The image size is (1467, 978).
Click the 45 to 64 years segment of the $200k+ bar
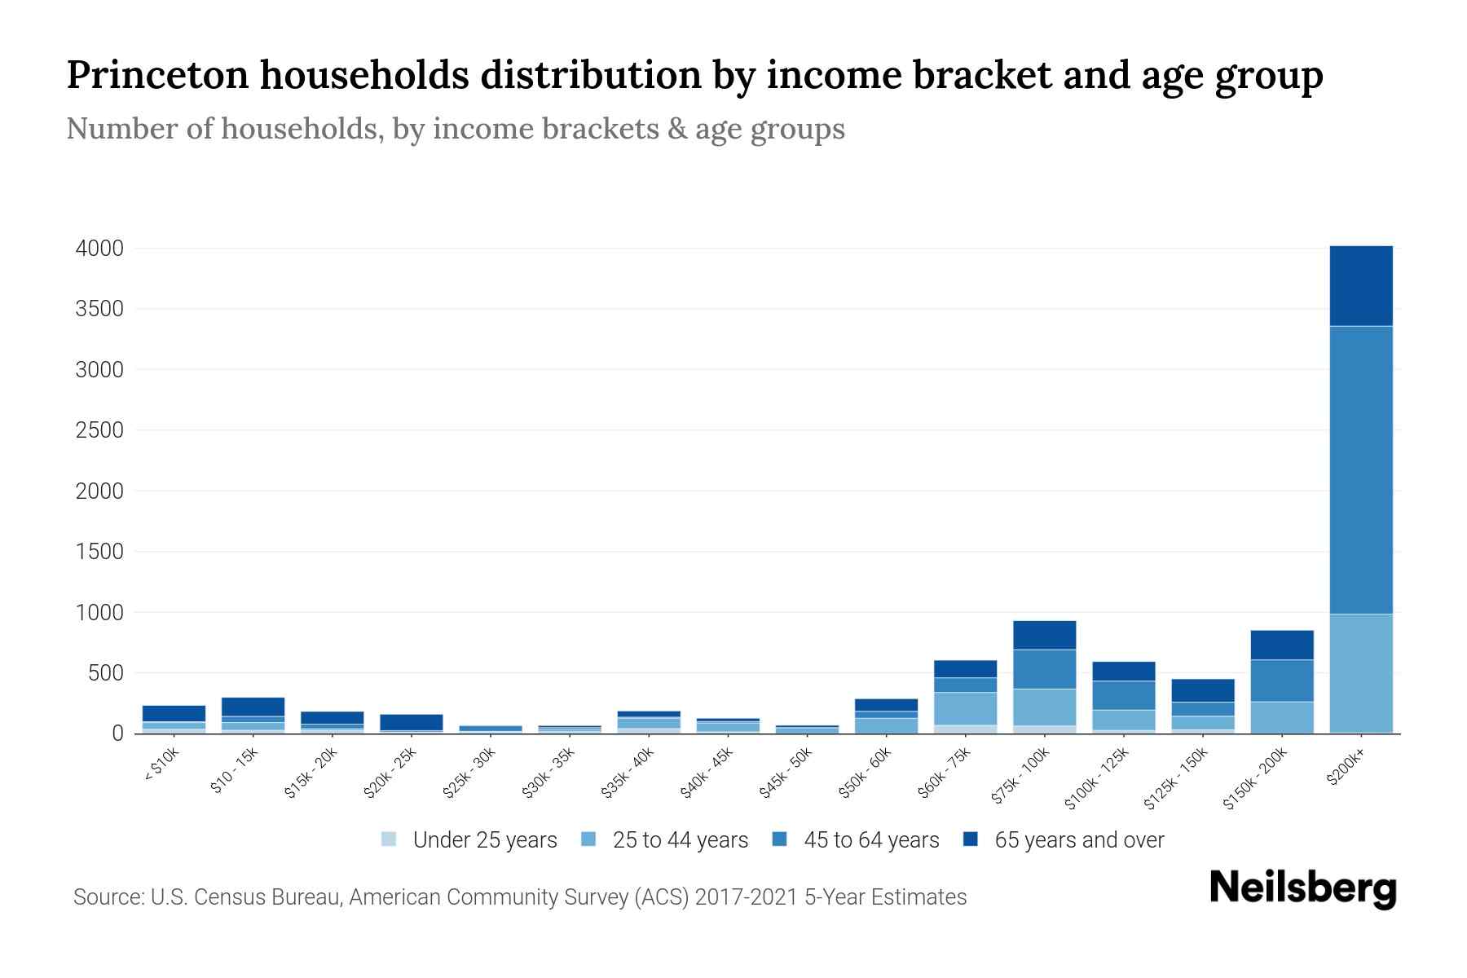pos(1360,469)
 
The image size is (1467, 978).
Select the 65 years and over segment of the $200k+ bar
pos(1360,285)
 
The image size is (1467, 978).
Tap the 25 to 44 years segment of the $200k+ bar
pos(1360,672)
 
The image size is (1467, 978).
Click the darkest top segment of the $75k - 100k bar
pos(1044,635)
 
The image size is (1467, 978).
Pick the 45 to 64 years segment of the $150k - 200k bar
pos(1281,681)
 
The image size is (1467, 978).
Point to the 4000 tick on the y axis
pos(99,249)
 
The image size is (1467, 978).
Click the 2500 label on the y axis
pos(99,430)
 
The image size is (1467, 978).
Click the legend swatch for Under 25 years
pos(390,839)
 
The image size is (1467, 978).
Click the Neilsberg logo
pos(1302,888)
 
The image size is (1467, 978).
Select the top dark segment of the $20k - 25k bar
pos(411,722)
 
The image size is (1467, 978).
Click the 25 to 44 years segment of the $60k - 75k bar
pos(965,708)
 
